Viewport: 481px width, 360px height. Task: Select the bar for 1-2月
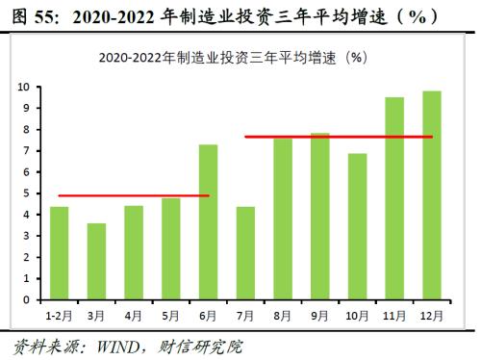point(59,253)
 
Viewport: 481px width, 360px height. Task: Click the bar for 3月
point(96,262)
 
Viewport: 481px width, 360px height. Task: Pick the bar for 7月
point(245,253)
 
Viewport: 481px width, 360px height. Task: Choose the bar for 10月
point(358,226)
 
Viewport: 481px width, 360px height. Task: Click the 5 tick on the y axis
point(29,193)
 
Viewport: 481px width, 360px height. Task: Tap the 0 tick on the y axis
point(29,300)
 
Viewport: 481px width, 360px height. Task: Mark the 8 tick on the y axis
point(29,129)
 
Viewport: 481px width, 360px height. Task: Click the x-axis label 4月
point(134,313)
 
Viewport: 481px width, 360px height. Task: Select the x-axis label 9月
point(320,313)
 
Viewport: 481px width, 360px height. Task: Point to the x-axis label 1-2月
point(59,313)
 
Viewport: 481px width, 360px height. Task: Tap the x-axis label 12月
point(432,313)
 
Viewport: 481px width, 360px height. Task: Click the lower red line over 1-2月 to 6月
point(134,195)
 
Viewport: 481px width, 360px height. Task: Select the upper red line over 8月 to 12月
point(339,137)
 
